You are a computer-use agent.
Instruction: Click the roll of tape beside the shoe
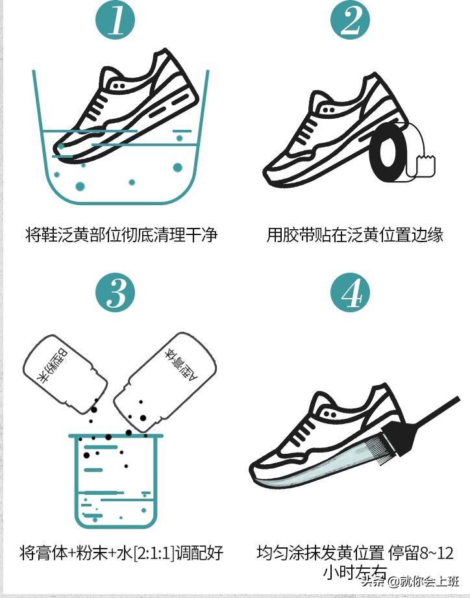click(x=389, y=156)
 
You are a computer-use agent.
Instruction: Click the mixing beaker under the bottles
click(x=115, y=480)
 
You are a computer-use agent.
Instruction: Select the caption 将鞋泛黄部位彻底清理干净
click(x=121, y=235)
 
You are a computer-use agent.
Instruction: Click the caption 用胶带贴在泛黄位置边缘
click(x=354, y=235)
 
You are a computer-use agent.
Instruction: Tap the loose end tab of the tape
click(x=426, y=165)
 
